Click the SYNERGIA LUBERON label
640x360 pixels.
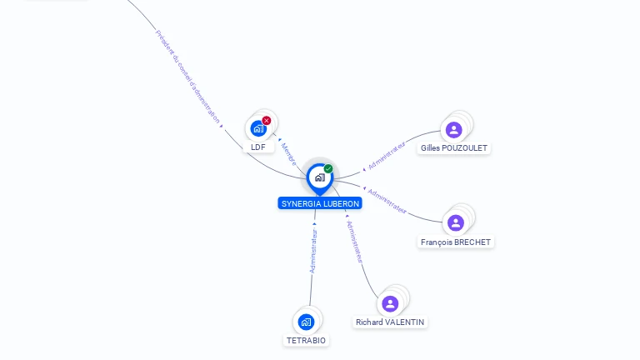[320, 203]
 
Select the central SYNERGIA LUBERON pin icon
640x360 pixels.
[319, 177]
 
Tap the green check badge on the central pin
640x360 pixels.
[328, 169]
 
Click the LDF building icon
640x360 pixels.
[258, 128]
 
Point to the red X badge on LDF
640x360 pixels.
[267, 121]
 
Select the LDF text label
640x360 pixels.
[258, 147]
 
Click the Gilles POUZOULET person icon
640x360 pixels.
[453, 129]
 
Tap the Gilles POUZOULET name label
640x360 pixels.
[454, 148]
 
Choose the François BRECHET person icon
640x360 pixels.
[455, 222]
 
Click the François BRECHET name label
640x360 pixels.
[456, 242]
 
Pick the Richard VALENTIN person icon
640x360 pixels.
[390, 303]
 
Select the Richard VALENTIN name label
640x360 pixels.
[390, 322]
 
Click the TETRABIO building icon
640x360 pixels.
[306, 322]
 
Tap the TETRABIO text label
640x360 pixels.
[307, 340]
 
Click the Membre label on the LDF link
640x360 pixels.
[288, 154]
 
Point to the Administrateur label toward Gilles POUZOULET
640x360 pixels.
[387, 155]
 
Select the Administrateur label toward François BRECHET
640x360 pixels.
[387, 201]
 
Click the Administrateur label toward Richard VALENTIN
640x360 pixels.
[355, 242]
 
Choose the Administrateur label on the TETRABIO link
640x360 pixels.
[313, 251]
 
